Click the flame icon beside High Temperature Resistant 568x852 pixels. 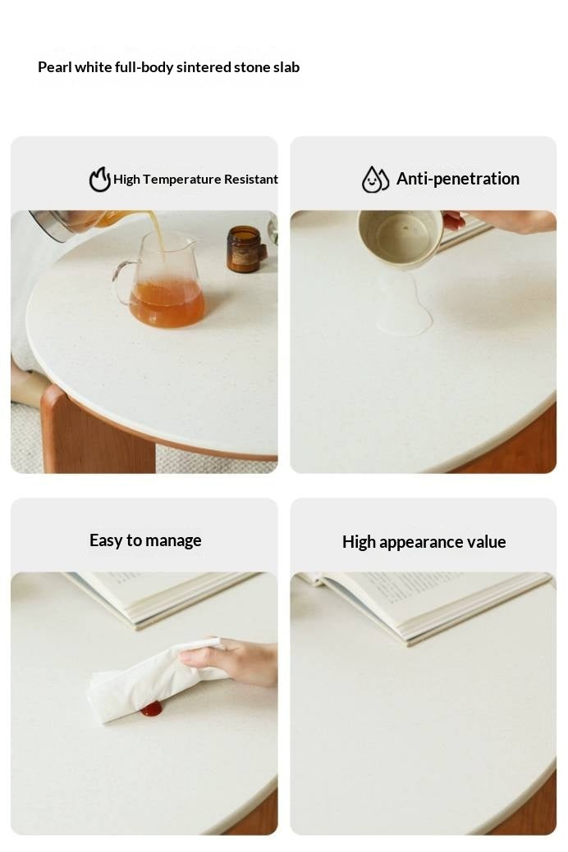pos(99,179)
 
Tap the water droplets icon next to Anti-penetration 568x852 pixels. pos(375,180)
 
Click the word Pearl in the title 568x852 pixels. pos(54,67)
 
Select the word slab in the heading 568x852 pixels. pos(287,67)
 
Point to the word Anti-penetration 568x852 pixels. pos(457,179)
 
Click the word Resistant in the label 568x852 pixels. pos(251,180)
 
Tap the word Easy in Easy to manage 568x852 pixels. pos(106,540)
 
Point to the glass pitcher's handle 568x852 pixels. pos(122,277)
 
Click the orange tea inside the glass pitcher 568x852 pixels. pos(167,303)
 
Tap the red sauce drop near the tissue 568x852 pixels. pos(152,708)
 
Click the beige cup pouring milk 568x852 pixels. pos(401,238)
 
